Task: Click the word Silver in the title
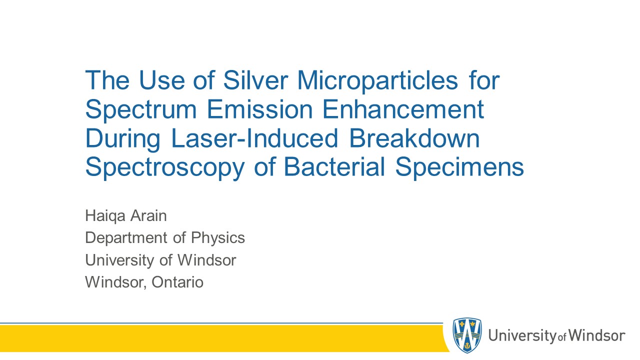tap(255, 80)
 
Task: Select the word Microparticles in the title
tap(377, 81)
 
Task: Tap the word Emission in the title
tap(259, 109)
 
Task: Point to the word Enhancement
tap(403, 109)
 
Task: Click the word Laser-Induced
tap(255, 138)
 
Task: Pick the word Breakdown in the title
tap(414, 138)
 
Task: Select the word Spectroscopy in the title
tap(165, 168)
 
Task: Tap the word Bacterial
tap(334, 167)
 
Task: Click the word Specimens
tap(459, 168)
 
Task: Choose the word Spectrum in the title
tap(141, 110)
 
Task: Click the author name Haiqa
tap(105, 216)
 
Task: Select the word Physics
tap(217, 238)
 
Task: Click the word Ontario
tap(177, 282)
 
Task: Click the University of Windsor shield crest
tap(467, 334)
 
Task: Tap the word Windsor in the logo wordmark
tap(596, 335)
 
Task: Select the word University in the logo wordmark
tap(522, 336)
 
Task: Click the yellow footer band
tap(223, 338)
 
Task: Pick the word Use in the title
tap(161, 80)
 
